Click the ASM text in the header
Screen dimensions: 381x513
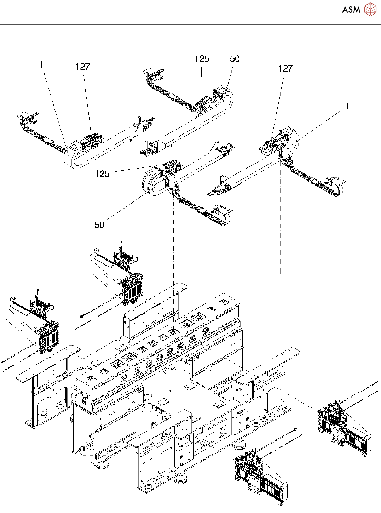point(351,10)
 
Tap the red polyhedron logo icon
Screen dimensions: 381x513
point(370,9)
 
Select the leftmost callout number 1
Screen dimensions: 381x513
point(41,65)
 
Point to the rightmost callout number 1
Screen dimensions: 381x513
point(347,106)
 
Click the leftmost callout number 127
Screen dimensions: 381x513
point(82,67)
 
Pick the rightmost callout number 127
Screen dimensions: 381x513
point(285,68)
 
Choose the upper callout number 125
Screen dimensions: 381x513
point(202,59)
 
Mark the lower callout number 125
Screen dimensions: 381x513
point(103,174)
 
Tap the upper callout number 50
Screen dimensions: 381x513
point(235,59)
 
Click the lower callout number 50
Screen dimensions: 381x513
point(99,224)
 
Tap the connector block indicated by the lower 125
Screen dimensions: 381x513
point(172,166)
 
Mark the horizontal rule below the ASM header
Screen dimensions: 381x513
point(190,24)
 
